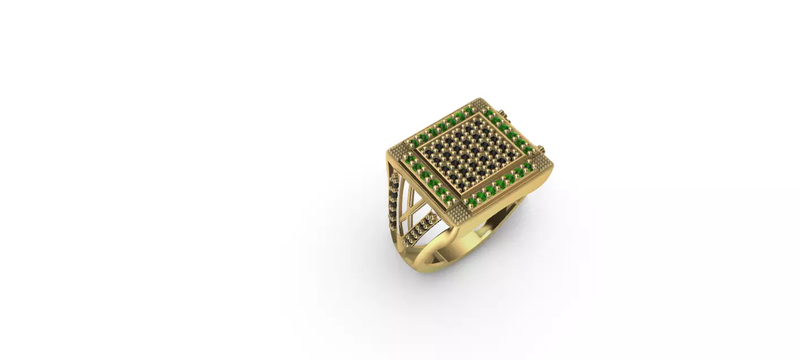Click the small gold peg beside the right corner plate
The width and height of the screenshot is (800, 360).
point(543,149)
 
